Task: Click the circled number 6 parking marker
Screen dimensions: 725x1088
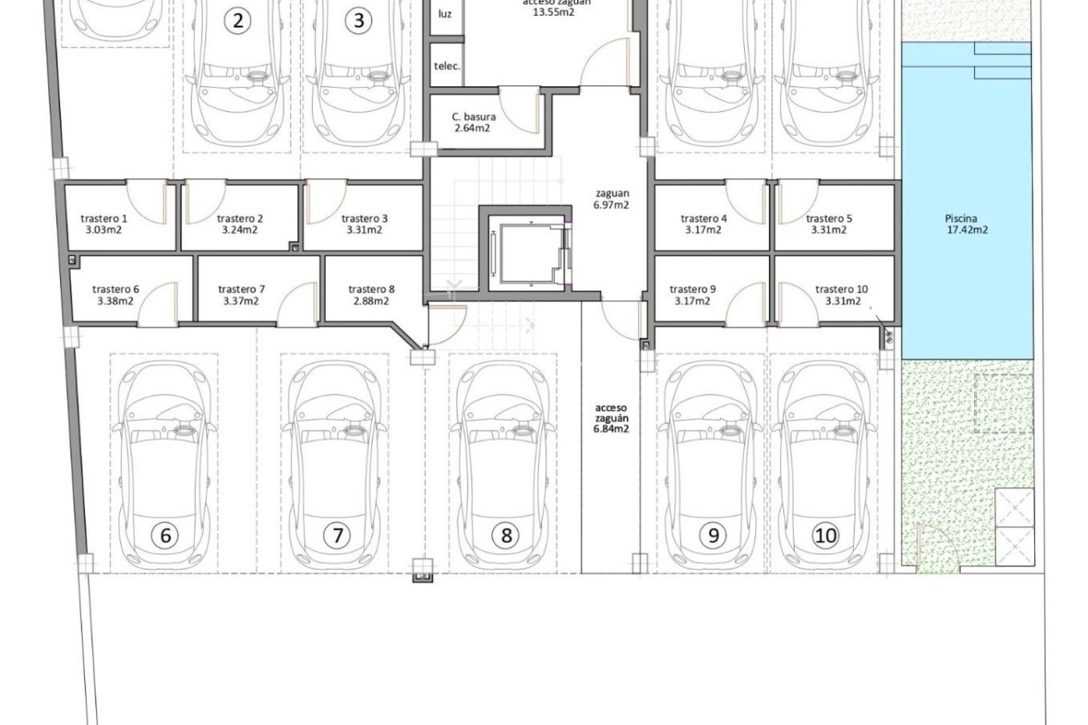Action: click(165, 535)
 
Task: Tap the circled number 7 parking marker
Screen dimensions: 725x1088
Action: click(337, 535)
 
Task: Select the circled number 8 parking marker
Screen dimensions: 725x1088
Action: click(506, 535)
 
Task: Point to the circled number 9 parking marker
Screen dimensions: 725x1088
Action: click(713, 535)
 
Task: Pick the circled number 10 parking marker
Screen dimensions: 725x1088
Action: click(825, 535)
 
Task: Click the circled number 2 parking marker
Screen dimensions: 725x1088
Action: click(238, 21)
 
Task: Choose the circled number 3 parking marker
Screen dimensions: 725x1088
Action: click(358, 21)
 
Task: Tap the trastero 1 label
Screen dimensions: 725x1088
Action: click(104, 219)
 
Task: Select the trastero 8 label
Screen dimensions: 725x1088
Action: click(371, 289)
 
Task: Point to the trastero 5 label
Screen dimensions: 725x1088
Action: click(828, 219)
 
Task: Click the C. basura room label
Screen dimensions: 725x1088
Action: click(473, 117)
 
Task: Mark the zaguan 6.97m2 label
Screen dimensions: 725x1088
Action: click(611, 199)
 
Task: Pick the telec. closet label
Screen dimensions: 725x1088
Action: click(447, 66)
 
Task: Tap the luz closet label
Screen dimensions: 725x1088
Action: click(445, 14)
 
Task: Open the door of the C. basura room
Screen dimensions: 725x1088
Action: click(518, 110)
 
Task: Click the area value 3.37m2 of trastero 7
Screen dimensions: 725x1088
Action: click(241, 301)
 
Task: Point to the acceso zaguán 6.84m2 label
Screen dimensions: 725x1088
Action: click(611, 418)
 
